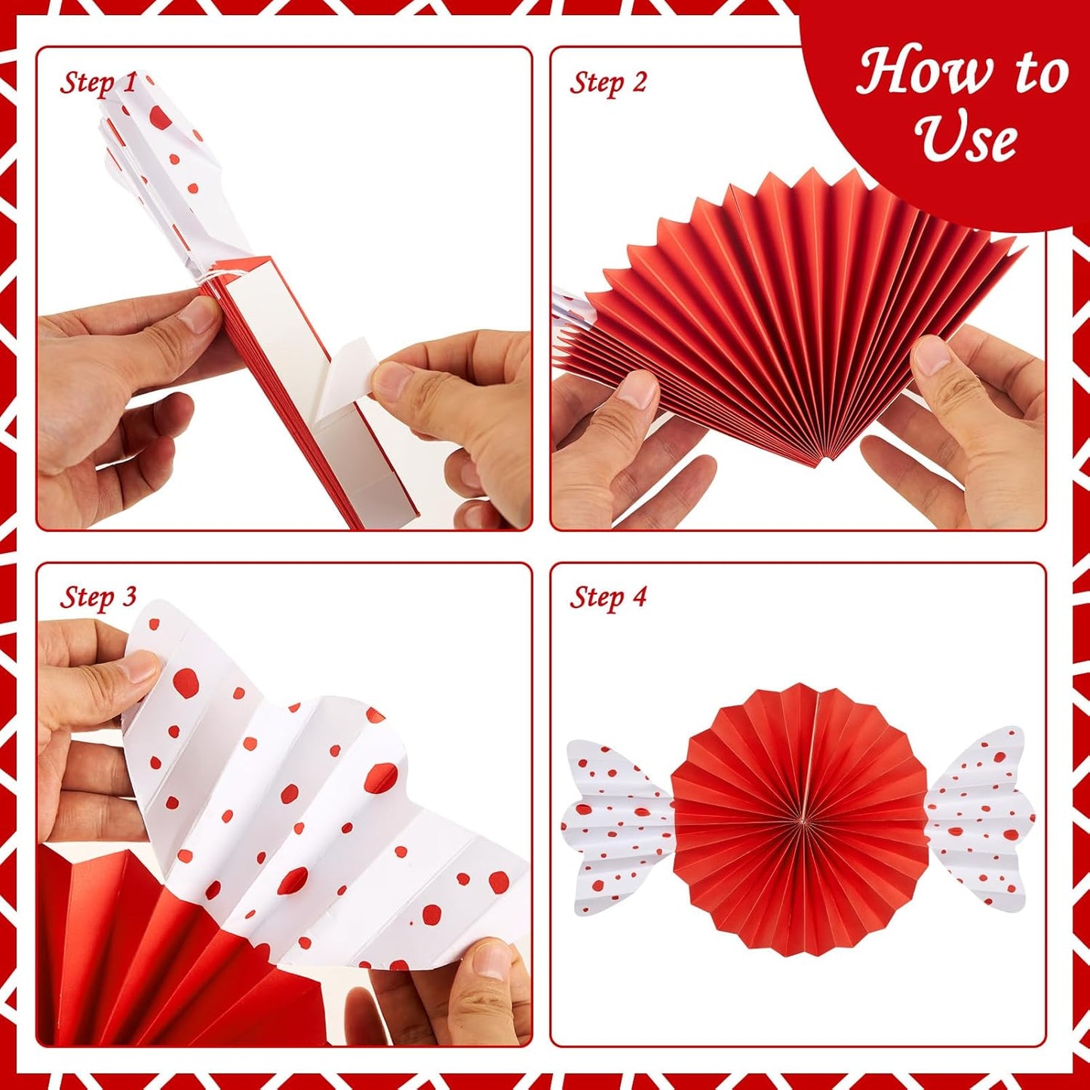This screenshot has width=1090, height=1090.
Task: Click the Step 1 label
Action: coord(98,82)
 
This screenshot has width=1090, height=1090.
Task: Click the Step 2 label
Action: coord(608,82)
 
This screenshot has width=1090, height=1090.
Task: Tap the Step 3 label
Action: coord(98,597)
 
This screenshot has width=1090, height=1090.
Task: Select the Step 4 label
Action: coord(608,597)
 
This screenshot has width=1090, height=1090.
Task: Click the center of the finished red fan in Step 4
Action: coord(800,819)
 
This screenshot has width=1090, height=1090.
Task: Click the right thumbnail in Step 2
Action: coord(932,354)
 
